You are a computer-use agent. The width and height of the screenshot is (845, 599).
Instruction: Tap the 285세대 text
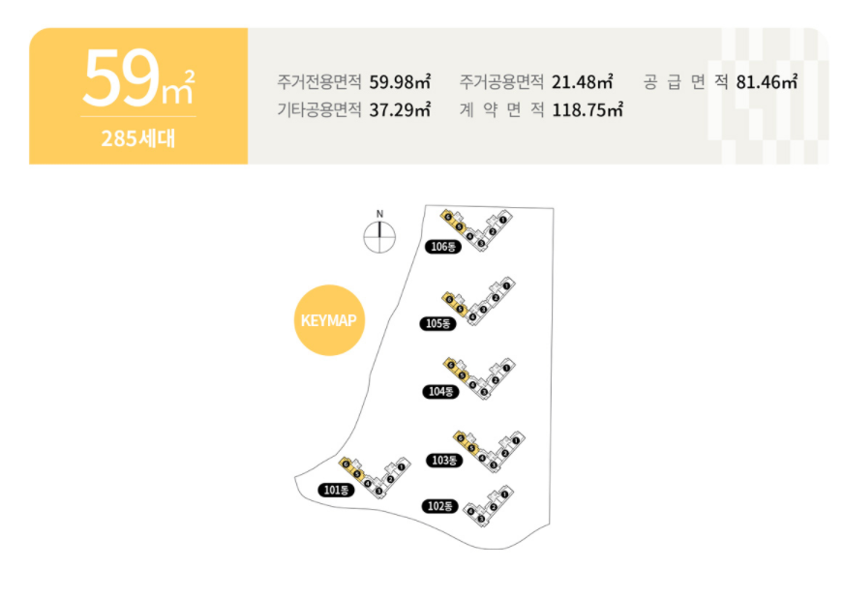point(137,137)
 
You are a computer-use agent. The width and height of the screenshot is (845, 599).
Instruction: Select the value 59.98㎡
point(400,82)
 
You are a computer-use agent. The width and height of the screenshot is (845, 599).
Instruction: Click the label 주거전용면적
point(319,82)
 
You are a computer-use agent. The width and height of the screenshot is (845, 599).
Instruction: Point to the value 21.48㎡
point(582,82)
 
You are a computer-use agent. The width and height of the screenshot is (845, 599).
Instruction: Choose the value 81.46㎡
point(766,82)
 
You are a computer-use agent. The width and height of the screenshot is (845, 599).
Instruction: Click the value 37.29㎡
point(400,109)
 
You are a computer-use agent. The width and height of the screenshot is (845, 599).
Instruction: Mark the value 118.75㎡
point(587,109)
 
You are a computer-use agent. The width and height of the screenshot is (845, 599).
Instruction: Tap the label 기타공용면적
point(319,109)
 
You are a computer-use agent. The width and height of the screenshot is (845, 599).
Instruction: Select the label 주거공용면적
point(501,82)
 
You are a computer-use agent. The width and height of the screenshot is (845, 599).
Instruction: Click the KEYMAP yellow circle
point(329,320)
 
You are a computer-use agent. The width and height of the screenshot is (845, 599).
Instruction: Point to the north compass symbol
point(379,235)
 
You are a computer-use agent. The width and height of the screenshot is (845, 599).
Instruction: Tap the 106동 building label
point(441,247)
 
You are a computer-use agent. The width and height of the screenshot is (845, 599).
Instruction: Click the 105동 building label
point(438,323)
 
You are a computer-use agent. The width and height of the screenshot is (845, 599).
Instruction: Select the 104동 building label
point(440,392)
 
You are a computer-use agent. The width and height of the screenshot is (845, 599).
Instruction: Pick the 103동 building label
point(443,461)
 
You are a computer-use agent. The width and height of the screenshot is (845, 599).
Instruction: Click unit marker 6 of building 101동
point(345,463)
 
